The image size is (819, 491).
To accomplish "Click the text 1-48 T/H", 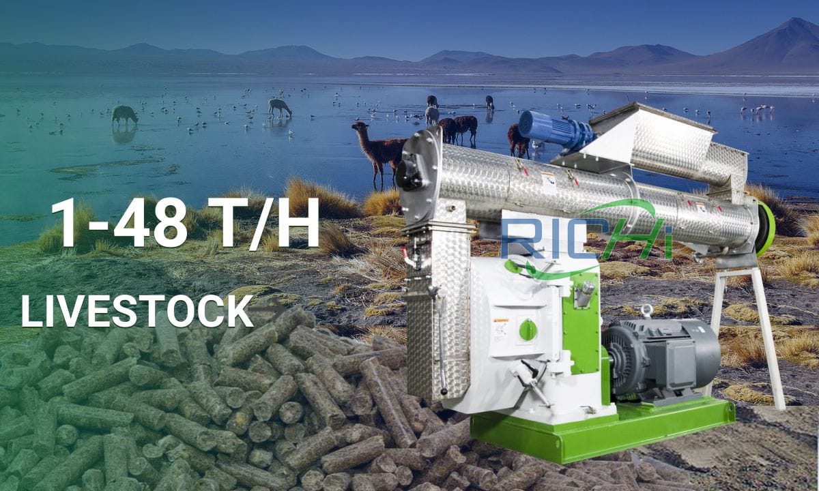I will pyautogui.click(x=184, y=222).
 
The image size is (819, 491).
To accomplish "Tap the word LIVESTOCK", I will pyautogui.click(x=136, y=311).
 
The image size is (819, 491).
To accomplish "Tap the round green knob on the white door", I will pyautogui.click(x=528, y=330).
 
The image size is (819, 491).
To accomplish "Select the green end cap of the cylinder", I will pyautogui.click(x=766, y=228).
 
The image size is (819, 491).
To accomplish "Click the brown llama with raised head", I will pyautogui.click(x=379, y=147).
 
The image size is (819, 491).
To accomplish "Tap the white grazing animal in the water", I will pyautogui.click(x=279, y=107).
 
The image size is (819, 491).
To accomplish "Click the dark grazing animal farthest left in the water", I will pyautogui.click(x=124, y=115).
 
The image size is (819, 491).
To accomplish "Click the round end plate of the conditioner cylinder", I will pyautogui.click(x=418, y=176).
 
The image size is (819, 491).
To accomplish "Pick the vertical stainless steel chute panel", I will pyautogui.click(x=437, y=314).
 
